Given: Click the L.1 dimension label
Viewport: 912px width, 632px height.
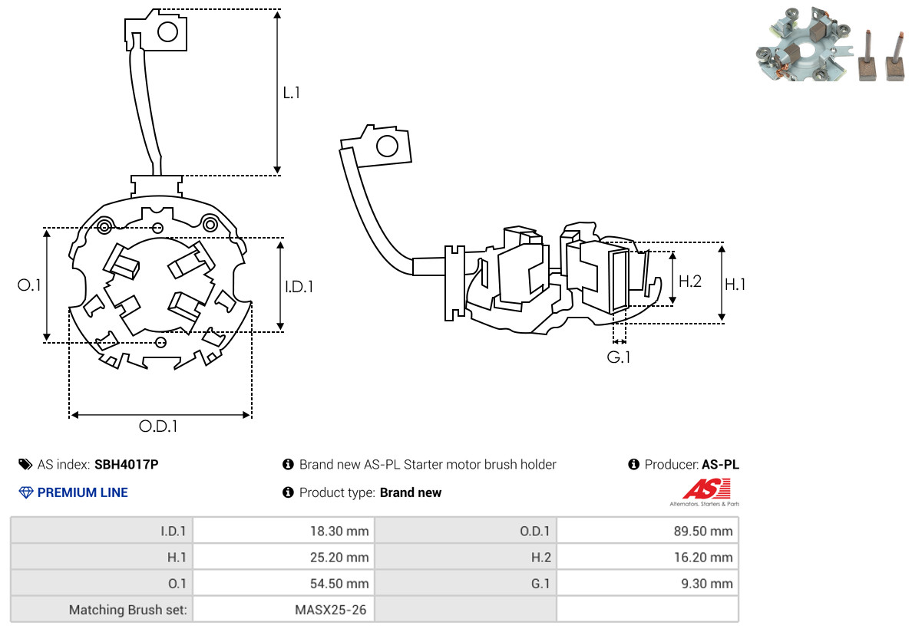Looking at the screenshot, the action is pyautogui.click(x=292, y=92).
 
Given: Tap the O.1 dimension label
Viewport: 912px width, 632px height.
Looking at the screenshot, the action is pyautogui.click(x=29, y=285).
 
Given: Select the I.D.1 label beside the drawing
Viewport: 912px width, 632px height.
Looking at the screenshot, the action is pyautogui.click(x=299, y=286).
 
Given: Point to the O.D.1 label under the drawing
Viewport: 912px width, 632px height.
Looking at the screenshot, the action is pyautogui.click(x=158, y=426).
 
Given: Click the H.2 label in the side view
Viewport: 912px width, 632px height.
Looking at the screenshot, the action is pyautogui.click(x=690, y=281).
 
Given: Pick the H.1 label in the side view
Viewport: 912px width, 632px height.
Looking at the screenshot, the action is pyautogui.click(x=735, y=284).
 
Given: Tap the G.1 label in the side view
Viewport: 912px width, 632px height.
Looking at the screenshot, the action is pyautogui.click(x=618, y=357).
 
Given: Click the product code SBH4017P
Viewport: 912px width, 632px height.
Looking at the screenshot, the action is pyautogui.click(x=126, y=465).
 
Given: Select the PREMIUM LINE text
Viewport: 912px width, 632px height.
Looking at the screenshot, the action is pyautogui.click(x=83, y=492).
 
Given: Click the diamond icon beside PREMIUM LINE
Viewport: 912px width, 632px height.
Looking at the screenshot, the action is pyautogui.click(x=26, y=492).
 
